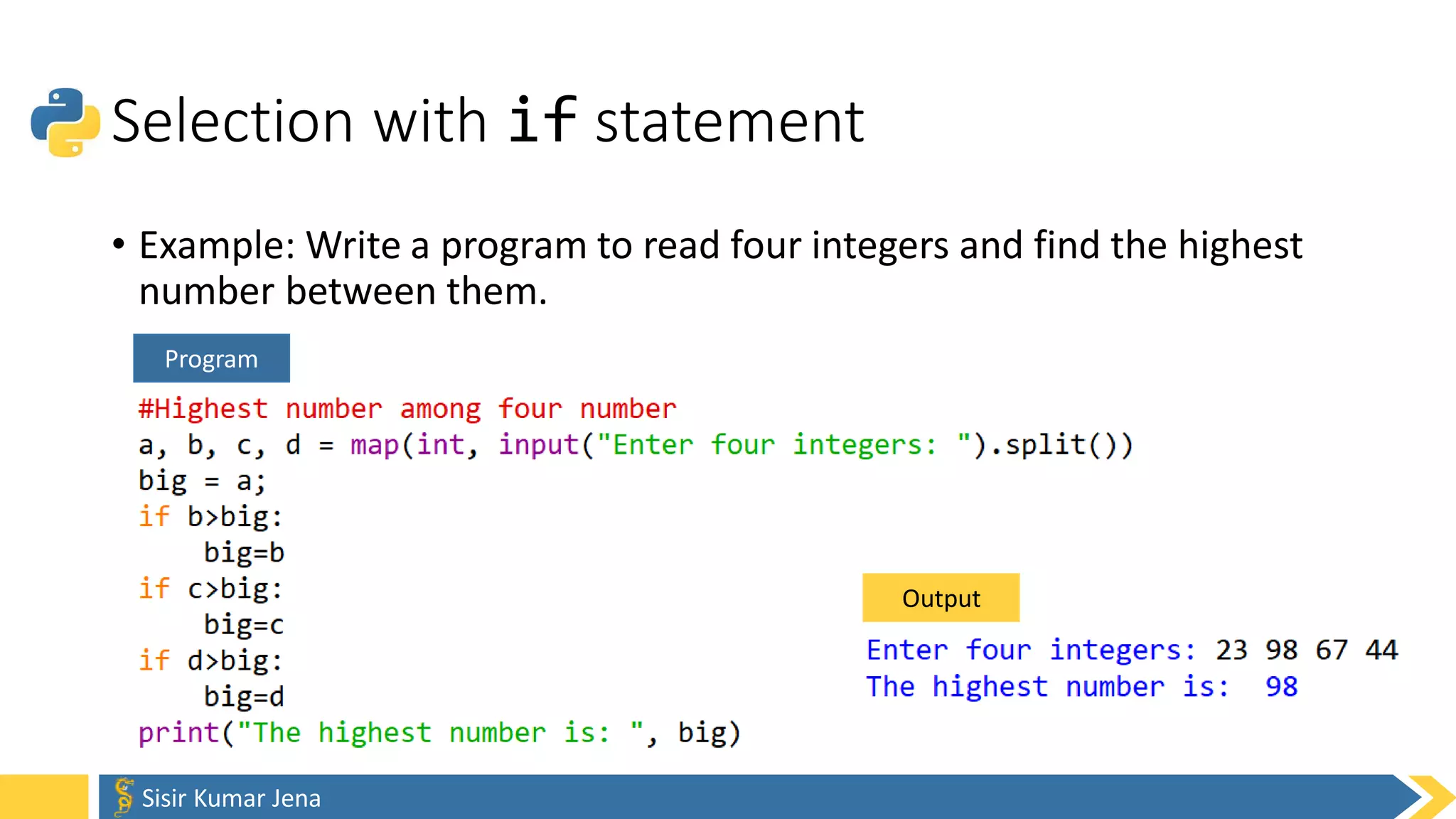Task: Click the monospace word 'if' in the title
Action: [542, 120]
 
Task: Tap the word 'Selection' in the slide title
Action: [232, 122]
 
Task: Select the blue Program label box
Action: [211, 358]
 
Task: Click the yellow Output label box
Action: [941, 598]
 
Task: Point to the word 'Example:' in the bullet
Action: [217, 246]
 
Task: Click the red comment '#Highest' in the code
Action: [203, 409]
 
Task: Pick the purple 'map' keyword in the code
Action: [375, 445]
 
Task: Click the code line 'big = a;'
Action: [202, 481]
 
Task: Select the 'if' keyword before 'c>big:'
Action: [154, 589]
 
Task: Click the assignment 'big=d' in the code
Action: [244, 697]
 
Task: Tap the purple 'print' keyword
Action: [178, 733]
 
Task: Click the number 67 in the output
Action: [1331, 650]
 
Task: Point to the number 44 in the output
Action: [1381, 650]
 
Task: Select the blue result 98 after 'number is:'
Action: [1281, 687]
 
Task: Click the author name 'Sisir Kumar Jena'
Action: [231, 798]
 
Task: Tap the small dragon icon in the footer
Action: [124, 796]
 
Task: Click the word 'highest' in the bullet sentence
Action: [1240, 246]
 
